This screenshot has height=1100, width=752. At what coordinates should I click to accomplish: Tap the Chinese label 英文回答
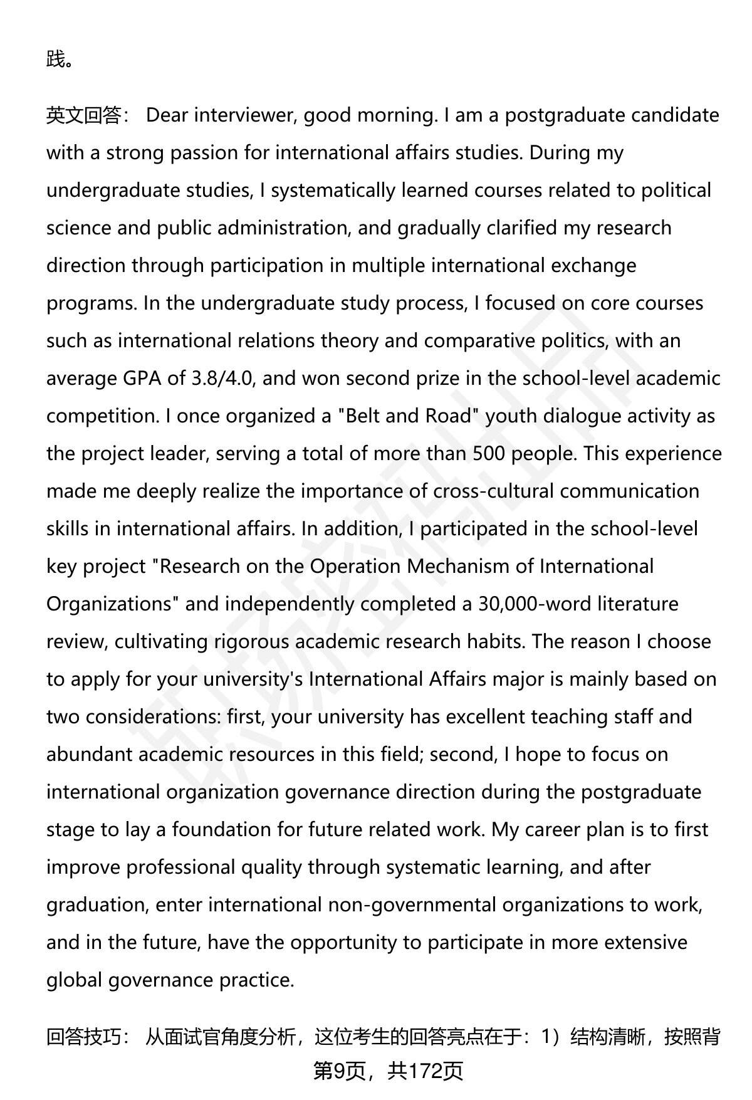[x=83, y=115]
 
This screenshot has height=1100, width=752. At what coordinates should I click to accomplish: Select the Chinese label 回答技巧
[x=83, y=1038]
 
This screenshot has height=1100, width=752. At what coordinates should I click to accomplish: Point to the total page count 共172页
[x=425, y=1071]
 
